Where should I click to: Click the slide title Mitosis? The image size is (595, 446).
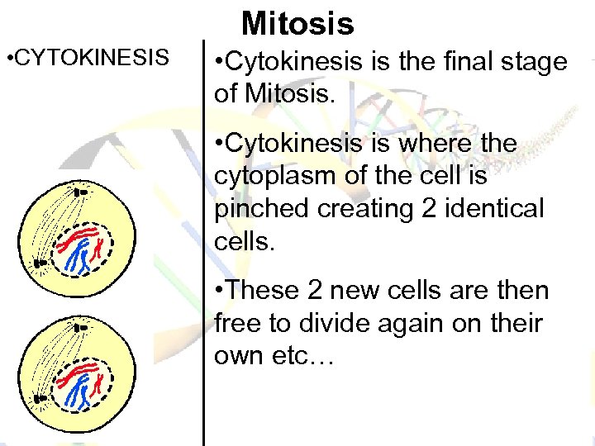coord(297,23)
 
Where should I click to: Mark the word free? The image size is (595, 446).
coord(240,323)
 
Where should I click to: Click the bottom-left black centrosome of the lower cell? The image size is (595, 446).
coord(37,400)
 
